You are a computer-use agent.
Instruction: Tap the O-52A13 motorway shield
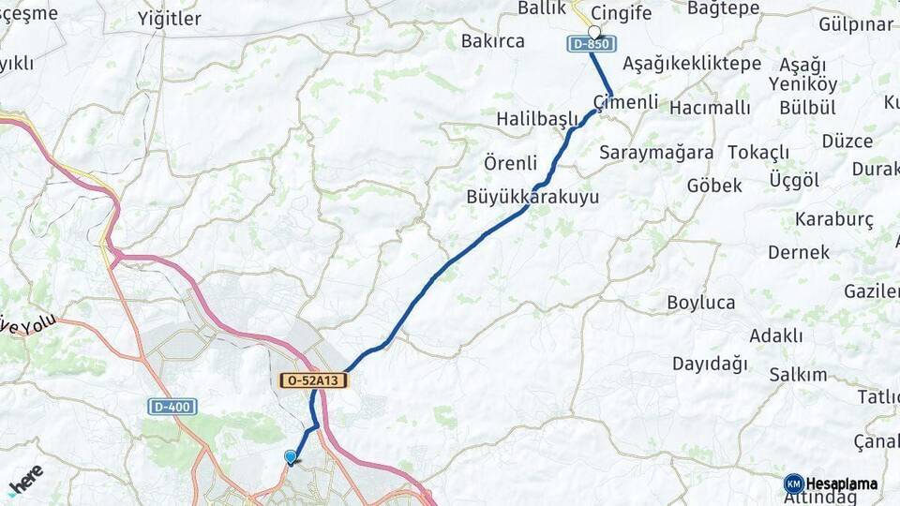pyautogui.click(x=314, y=380)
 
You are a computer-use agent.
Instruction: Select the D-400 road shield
pyautogui.click(x=172, y=407)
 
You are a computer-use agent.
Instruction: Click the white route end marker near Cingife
pyautogui.click(x=593, y=31)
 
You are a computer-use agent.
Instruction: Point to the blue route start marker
pyautogui.click(x=291, y=456)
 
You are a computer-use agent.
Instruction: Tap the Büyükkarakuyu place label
pyautogui.click(x=532, y=198)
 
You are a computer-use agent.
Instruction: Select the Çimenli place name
pyautogui.click(x=625, y=101)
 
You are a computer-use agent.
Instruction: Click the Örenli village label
pyautogui.click(x=510, y=162)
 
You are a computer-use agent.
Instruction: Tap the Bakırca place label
pyautogui.click(x=492, y=40)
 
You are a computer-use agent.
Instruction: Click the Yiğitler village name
pyautogui.click(x=169, y=19)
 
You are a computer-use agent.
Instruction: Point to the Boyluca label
pyautogui.click(x=700, y=303)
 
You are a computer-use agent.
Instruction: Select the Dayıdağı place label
pyautogui.click(x=710, y=363)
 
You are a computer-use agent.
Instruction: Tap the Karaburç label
pyautogui.click(x=833, y=219)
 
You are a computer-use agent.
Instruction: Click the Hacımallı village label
pyautogui.click(x=710, y=108)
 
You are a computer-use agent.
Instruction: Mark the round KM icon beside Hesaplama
pyautogui.click(x=793, y=484)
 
